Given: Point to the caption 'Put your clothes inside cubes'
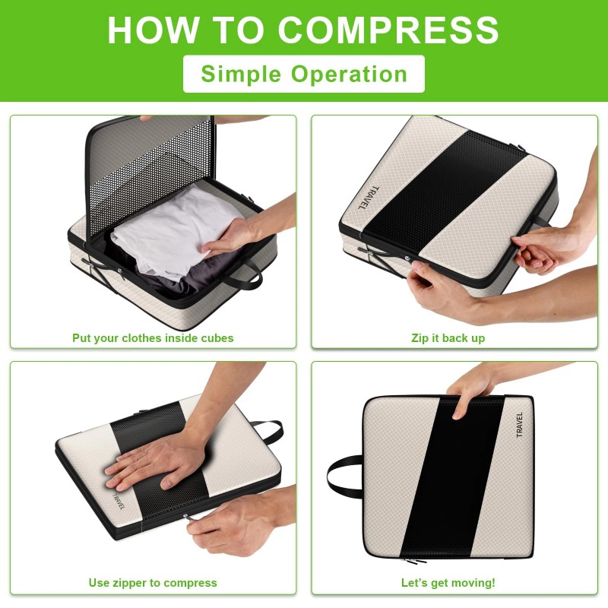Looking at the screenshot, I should (153, 337).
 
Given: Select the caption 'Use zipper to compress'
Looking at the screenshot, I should (153, 583).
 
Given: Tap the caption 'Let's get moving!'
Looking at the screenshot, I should (448, 583).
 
